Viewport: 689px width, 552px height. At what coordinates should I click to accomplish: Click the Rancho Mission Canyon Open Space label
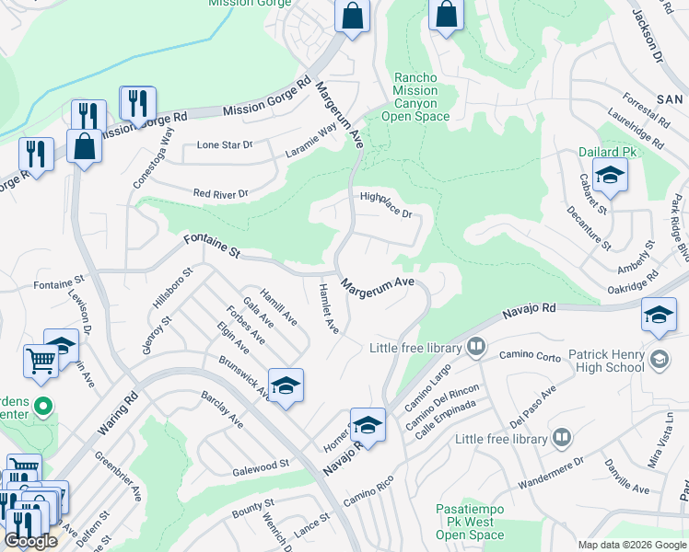click(415, 98)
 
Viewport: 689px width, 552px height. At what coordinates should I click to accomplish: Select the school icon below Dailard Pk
click(610, 174)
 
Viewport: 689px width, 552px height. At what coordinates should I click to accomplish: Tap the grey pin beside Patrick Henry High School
click(659, 358)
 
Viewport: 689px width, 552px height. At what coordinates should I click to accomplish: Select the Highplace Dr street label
click(385, 203)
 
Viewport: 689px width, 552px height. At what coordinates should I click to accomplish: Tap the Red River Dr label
click(220, 194)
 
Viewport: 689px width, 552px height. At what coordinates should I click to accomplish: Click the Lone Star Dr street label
click(225, 145)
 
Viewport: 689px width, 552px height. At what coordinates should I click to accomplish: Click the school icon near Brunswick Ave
click(286, 385)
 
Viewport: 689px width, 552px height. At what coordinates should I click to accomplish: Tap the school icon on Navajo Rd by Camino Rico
click(368, 424)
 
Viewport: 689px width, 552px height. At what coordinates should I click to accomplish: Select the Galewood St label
click(261, 466)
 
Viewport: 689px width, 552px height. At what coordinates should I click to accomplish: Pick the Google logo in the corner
click(30, 541)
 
